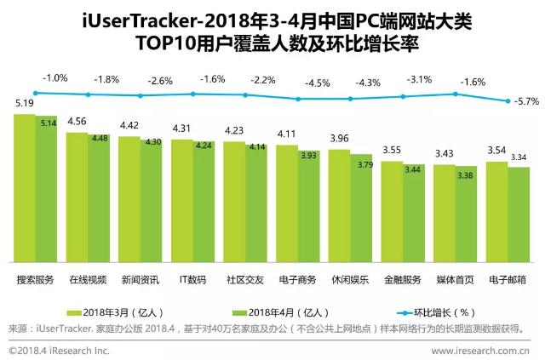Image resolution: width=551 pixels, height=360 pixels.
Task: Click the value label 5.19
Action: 25,105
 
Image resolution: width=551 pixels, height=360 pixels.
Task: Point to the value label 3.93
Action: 308,156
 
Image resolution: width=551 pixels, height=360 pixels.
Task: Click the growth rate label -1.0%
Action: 55,78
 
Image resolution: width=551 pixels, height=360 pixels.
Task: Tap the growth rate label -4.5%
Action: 318,83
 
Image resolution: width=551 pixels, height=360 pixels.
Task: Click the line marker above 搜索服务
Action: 35,93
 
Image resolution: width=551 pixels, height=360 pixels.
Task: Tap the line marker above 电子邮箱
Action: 508,100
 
